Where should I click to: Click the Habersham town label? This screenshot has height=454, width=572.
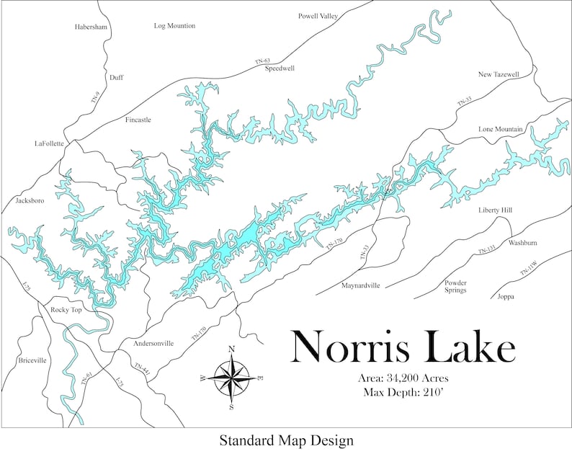(91, 27)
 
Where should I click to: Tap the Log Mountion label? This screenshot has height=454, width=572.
(174, 26)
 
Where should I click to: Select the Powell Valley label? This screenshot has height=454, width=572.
(318, 16)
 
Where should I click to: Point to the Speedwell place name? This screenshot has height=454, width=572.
(280, 68)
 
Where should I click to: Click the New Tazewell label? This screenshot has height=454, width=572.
(504, 75)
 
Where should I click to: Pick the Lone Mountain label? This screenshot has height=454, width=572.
(500, 130)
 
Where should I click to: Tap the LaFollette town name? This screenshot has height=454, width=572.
(50, 143)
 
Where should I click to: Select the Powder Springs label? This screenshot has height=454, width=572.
(455, 286)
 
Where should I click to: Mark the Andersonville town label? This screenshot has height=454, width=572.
(153, 344)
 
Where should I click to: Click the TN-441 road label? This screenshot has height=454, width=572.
(141, 368)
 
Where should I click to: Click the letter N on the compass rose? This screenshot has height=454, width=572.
(231, 350)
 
